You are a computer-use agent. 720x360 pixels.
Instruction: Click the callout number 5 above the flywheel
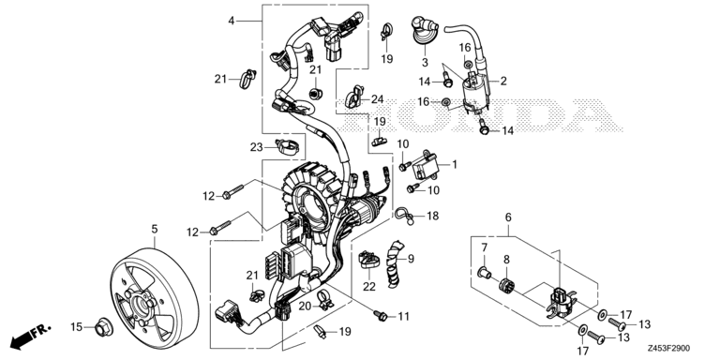pos(154,229)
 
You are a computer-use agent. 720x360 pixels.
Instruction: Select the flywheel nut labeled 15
pos(103,327)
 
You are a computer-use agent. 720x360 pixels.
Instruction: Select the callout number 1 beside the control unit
pos(484,247)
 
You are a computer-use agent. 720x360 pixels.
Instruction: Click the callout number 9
pos(409,259)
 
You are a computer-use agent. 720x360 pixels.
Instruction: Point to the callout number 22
pos(368,286)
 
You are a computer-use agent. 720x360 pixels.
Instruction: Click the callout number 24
pos(377,99)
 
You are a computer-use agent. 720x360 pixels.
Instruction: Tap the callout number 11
pos(404,317)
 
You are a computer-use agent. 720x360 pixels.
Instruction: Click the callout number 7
pos(484,247)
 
